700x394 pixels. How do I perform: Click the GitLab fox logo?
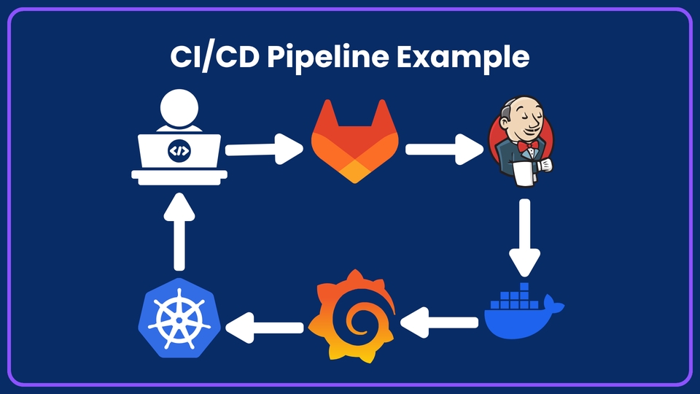[x=355, y=144]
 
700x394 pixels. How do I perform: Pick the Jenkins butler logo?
[x=520, y=144]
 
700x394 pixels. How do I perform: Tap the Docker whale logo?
[x=524, y=310]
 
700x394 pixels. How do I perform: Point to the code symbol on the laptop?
[x=179, y=151]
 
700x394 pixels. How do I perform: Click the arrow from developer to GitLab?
[x=264, y=150]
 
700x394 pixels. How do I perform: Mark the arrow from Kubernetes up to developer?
[x=179, y=232]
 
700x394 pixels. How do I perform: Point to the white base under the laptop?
[x=179, y=175]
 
